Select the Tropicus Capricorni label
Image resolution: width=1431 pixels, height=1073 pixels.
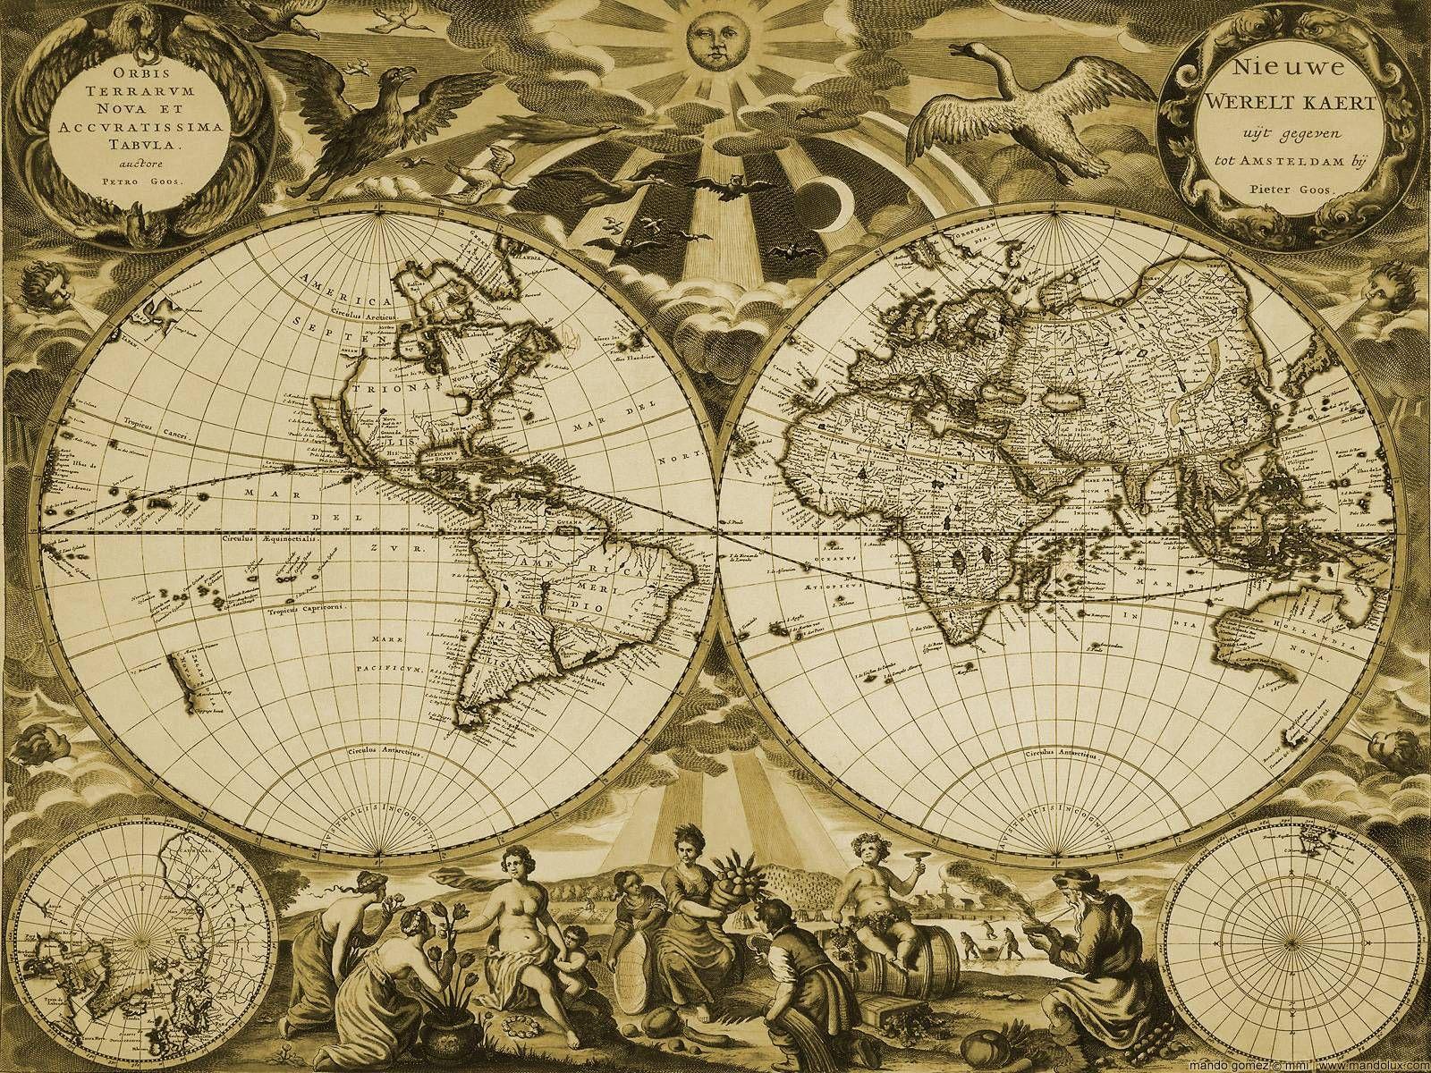[306, 613]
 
